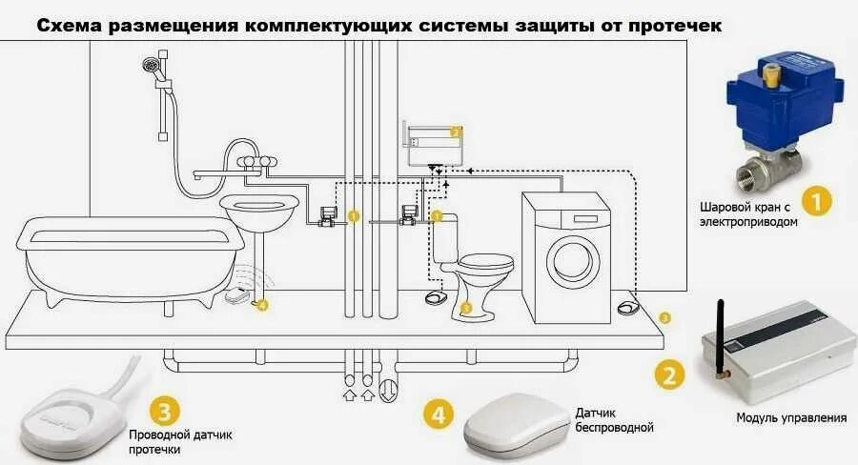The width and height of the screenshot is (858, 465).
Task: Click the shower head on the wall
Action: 150,65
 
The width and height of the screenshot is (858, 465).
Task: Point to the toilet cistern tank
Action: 446,240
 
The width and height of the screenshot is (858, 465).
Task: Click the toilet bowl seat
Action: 486,261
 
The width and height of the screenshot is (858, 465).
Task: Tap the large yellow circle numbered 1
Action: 816,201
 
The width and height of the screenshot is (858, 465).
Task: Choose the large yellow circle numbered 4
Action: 438,414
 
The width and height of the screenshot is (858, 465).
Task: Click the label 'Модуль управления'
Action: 791,417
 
